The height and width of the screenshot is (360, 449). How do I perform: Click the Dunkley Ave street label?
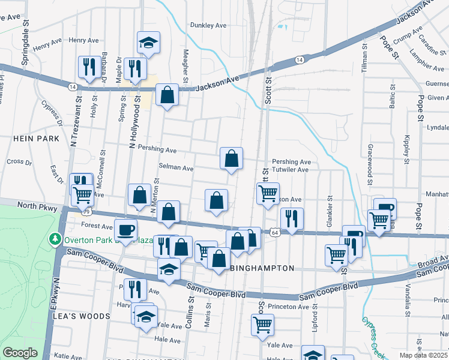tap(208, 25)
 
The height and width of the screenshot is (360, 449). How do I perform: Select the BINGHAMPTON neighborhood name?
tap(262, 268)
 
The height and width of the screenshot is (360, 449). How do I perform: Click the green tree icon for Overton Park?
tap(56, 239)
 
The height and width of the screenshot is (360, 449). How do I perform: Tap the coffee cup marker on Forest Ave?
tap(126, 230)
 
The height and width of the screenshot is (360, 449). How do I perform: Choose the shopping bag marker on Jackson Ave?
tap(167, 95)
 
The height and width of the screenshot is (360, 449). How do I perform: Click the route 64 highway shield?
tap(274, 232)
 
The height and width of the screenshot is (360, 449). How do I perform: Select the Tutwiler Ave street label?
tap(290, 170)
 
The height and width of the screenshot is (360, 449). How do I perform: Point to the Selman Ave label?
tap(176, 168)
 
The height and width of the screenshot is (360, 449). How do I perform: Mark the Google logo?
tap(20, 353)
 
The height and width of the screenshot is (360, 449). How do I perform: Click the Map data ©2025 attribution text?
tap(423, 355)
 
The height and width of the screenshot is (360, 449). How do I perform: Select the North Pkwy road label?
tap(37, 206)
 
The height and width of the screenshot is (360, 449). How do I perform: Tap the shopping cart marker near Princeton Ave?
tap(262, 325)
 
